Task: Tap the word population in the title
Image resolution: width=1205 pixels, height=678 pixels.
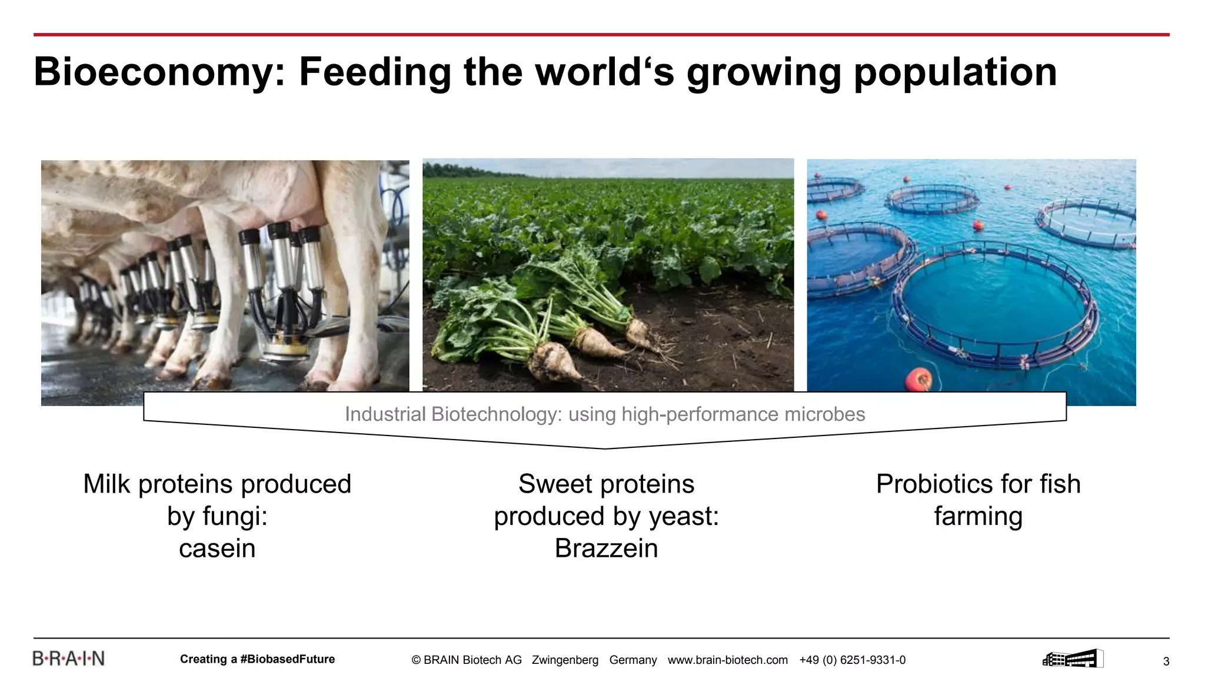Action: (x=954, y=72)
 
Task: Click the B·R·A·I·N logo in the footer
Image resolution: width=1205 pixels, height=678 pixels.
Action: (x=68, y=659)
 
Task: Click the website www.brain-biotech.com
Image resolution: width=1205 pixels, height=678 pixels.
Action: (x=727, y=660)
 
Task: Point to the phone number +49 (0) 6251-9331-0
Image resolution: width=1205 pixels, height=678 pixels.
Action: (x=852, y=660)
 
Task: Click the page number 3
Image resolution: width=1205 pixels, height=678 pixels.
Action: (x=1166, y=662)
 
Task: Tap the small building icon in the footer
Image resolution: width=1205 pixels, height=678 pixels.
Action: (x=1072, y=659)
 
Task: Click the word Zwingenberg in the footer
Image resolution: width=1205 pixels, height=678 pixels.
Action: (x=565, y=660)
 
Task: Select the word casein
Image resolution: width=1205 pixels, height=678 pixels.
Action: (x=217, y=549)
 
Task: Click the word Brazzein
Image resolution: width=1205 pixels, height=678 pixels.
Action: (x=606, y=549)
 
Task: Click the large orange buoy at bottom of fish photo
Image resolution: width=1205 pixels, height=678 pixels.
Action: (x=918, y=379)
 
